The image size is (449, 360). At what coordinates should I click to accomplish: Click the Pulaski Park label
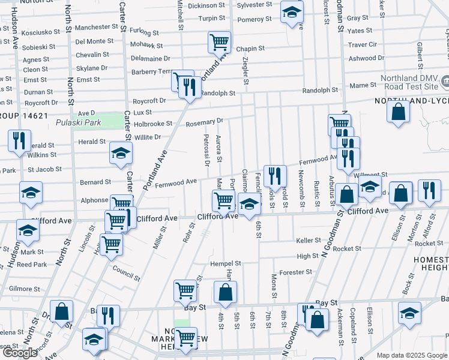tap(73, 123)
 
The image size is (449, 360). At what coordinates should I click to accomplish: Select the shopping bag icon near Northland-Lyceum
tap(398, 112)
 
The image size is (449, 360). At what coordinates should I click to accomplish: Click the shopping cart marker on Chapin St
tap(220, 42)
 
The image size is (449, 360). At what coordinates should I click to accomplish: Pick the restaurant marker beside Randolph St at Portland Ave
tap(190, 88)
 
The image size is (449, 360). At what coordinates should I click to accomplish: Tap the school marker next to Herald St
tap(121, 154)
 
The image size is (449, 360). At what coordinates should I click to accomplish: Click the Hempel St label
tap(225, 263)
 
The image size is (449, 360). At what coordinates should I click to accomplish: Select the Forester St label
tap(296, 272)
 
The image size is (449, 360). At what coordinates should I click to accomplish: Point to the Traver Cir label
tap(363, 44)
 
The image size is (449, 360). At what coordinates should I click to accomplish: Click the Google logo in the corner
tap(20, 352)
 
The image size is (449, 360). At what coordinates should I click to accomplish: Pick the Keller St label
tap(309, 241)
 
